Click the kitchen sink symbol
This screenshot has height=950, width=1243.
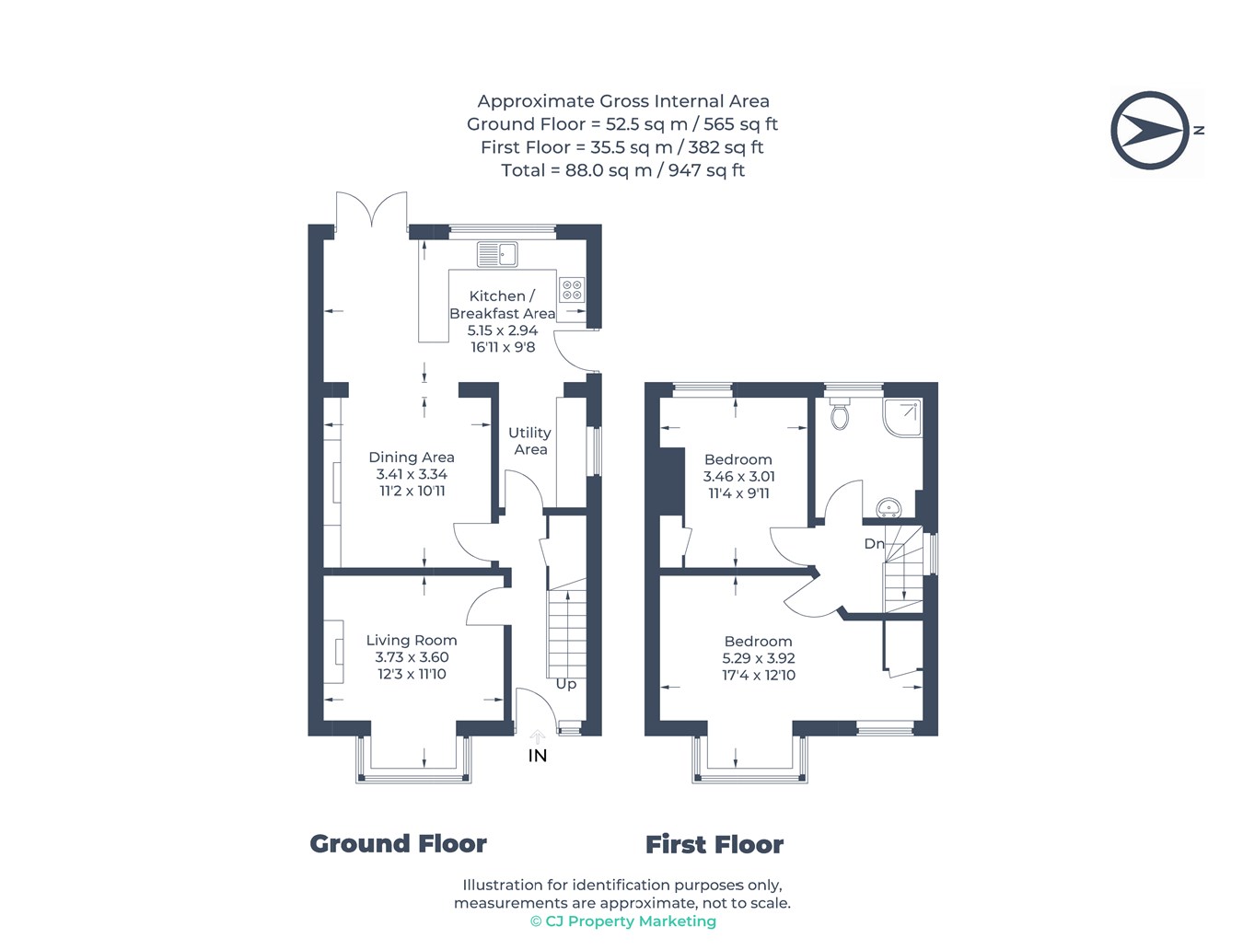coord(496,254)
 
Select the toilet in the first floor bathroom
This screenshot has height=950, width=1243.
coord(839,413)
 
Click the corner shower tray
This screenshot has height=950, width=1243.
coord(902,418)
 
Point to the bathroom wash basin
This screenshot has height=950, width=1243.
coord(889,508)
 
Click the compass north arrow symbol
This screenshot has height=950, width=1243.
coord(1150,130)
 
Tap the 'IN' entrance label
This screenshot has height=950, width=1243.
coord(537,755)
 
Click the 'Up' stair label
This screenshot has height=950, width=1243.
coord(565,684)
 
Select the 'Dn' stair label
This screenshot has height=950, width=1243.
coord(874,543)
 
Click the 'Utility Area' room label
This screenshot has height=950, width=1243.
coord(529,440)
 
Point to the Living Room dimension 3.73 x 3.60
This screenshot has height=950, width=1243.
coord(412,656)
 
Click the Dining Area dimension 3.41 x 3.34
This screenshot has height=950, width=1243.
coord(412,474)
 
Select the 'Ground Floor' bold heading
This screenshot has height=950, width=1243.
coord(398,843)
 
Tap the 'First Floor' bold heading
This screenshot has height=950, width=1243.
coord(714,844)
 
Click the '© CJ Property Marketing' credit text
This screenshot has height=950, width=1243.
coord(623,921)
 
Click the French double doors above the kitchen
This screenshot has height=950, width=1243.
coord(371,211)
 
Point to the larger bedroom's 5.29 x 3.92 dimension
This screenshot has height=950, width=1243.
coord(759,658)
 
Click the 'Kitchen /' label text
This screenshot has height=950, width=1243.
coord(502,295)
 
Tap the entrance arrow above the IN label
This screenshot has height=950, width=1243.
coord(537,737)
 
